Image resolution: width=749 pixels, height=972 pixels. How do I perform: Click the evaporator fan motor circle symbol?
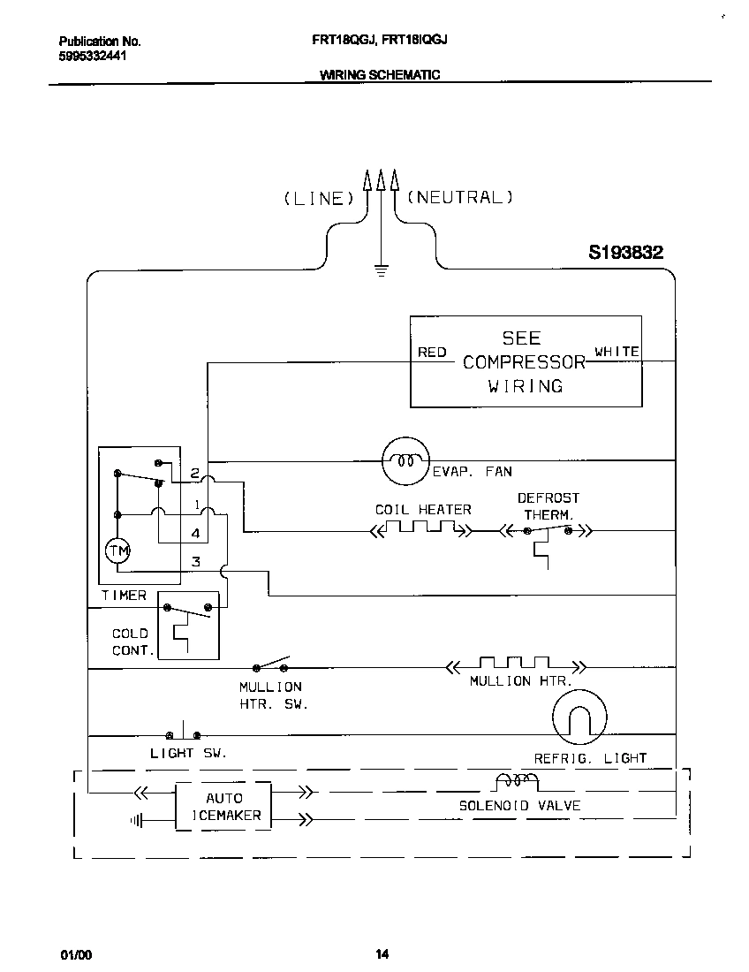pyautogui.click(x=405, y=460)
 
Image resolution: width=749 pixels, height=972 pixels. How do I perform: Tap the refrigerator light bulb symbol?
pyautogui.click(x=579, y=717)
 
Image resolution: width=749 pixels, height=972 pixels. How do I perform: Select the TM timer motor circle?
pyautogui.click(x=117, y=551)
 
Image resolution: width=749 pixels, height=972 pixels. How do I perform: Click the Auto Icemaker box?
pyautogui.click(x=223, y=806)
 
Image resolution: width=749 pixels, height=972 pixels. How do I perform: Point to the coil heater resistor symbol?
pyautogui.click(x=420, y=529)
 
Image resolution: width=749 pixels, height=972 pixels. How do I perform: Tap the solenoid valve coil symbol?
pyautogui.click(x=517, y=781)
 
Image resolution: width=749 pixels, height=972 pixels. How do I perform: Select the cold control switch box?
pyautogui.click(x=187, y=625)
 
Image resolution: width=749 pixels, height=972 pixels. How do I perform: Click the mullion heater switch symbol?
pyautogui.click(x=272, y=664)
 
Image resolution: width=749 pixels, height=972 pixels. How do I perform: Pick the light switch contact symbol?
pyautogui.click(x=183, y=733)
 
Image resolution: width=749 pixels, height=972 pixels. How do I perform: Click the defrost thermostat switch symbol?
pyautogui.click(x=548, y=531)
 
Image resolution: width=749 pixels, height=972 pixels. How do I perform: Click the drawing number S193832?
pyautogui.click(x=625, y=253)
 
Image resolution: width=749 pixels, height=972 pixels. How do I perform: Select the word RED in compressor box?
pyautogui.click(x=432, y=353)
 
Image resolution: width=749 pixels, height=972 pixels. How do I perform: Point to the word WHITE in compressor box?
pyautogui.click(x=617, y=352)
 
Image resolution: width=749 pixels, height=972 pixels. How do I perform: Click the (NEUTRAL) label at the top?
pyautogui.click(x=460, y=197)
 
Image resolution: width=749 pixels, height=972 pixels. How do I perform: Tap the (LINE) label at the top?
pyautogui.click(x=318, y=198)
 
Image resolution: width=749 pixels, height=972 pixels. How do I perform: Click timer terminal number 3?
pyautogui.click(x=196, y=561)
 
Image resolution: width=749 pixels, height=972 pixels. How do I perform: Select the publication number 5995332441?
pyautogui.click(x=94, y=56)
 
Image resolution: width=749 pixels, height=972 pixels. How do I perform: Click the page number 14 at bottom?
pyautogui.click(x=382, y=953)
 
